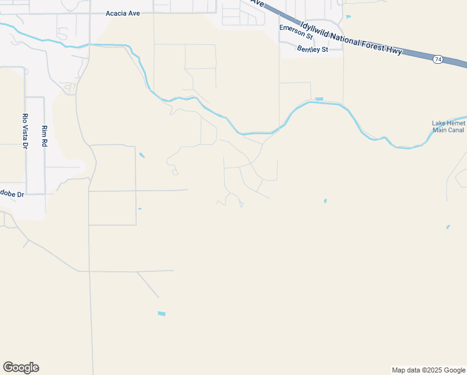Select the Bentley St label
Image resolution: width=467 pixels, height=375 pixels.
pyautogui.click(x=312, y=49)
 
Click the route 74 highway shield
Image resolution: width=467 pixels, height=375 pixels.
pyautogui.click(x=438, y=59)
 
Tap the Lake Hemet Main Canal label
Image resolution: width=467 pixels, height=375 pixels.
pyautogui.click(x=448, y=127)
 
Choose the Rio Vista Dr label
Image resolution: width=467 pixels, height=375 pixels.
pyautogui.click(x=26, y=131)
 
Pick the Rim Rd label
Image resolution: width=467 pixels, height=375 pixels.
pyautogui.click(x=44, y=137)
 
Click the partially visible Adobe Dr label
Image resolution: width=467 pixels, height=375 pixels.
pyautogui.click(x=11, y=194)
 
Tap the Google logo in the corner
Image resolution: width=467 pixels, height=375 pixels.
pyautogui.click(x=21, y=367)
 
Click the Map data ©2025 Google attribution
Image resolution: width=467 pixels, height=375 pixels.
pyautogui.click(x=429, y=370)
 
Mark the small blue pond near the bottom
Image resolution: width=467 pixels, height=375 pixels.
pyautogui.click(x=162, y=313)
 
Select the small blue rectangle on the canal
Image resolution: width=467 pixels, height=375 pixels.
pyautogui.click(x=319, y=99)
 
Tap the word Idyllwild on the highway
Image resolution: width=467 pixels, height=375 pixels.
pyautogui.click(x=317, y=31)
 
